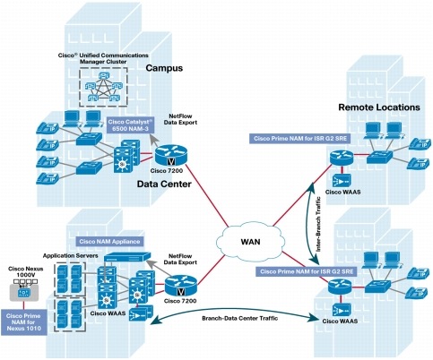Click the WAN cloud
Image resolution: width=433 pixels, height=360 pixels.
(250, 241)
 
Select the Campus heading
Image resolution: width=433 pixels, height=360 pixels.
(164, 68)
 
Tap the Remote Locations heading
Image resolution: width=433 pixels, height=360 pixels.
(379, 107)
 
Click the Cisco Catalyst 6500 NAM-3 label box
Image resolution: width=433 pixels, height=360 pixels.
(131, 125)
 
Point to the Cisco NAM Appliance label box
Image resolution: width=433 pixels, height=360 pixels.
(109, 241)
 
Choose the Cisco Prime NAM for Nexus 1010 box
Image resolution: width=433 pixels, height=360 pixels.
(23, 322)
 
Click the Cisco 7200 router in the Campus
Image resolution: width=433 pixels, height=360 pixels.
(170, 155)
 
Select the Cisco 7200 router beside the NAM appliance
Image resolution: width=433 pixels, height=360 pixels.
(180, 286)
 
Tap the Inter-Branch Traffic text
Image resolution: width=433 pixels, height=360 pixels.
(318, 224)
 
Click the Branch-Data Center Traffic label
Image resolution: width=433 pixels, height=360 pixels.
(240, 318)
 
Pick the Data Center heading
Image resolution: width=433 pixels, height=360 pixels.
(164, 184)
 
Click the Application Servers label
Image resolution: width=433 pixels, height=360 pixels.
(70, 256)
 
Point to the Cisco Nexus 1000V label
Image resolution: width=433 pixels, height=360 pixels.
(25, 271)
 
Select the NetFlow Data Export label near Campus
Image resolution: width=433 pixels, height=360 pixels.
(180, 119)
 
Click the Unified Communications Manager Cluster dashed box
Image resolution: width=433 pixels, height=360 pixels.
(103, 87)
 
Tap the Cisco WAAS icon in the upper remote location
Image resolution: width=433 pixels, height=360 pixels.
(342, 180)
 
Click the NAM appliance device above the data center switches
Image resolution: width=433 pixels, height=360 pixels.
(127, 257)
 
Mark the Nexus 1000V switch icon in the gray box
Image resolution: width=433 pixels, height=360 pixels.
(23, 292)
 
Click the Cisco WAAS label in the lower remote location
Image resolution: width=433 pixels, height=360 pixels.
(340, 321)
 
